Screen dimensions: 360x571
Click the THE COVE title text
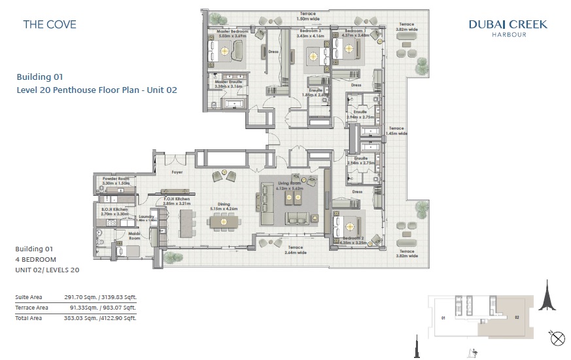pos(50,25)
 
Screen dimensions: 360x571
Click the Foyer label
pos(177,173)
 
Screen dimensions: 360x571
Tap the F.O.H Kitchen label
pos(177,200)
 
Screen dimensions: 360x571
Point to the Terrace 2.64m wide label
pos(295,250)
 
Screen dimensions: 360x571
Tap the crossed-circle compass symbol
pos(558,338)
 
